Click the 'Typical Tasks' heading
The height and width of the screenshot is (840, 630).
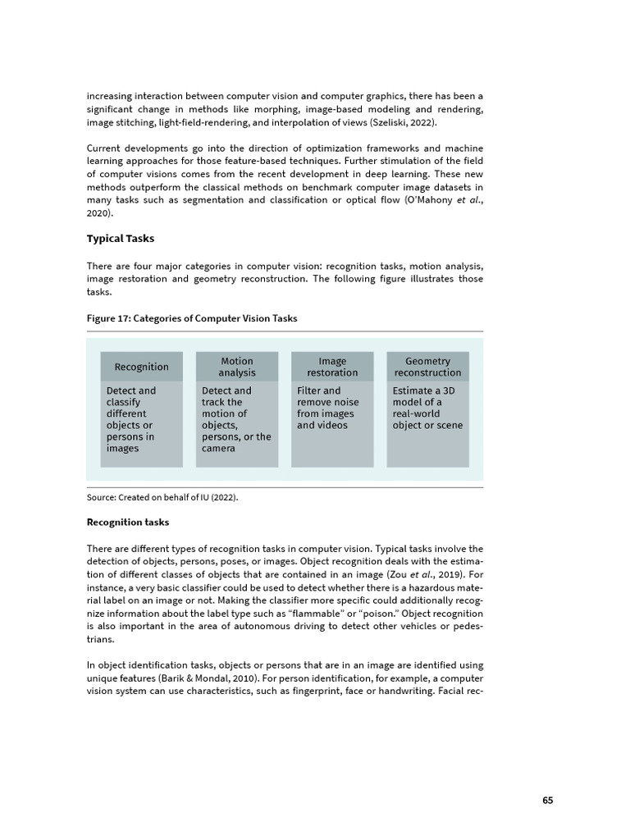click(120, 239)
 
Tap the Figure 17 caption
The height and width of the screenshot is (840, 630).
click(192, 318)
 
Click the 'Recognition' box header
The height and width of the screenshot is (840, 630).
click(141, 367)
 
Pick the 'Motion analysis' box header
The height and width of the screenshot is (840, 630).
click(237, 367)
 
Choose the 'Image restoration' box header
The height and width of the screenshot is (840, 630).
click(332, 367)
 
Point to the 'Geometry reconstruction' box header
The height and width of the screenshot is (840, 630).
click(427, 367)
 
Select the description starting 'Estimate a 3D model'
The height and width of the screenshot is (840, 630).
click(427, 408)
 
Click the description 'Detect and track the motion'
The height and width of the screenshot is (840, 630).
click(235, 419)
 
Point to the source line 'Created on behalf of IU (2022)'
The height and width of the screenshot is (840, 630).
click(162, 498)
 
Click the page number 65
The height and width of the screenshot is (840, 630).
click(548, 801)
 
